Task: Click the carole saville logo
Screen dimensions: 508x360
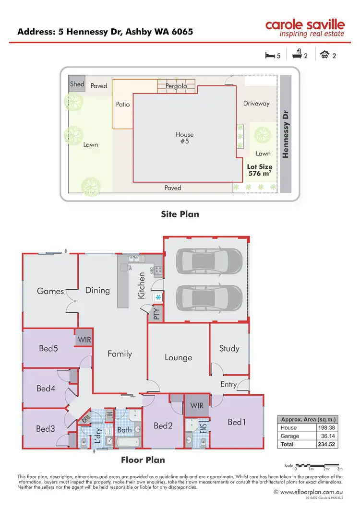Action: (306, 28)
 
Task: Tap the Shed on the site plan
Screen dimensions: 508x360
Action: (77, 84)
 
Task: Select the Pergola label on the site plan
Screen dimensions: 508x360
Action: (176, 86)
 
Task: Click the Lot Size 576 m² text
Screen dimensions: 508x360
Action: (259, 170)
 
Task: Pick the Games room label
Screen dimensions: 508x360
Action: (50, 291)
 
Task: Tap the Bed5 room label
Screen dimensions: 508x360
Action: (48, 348)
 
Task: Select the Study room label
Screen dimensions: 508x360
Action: (229, 348)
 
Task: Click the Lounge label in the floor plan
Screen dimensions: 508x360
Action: (178, 357)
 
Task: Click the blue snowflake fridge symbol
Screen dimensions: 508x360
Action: (157, 298)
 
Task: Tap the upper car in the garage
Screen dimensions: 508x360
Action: (210, 261)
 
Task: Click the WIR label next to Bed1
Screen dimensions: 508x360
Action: (197, 405)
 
